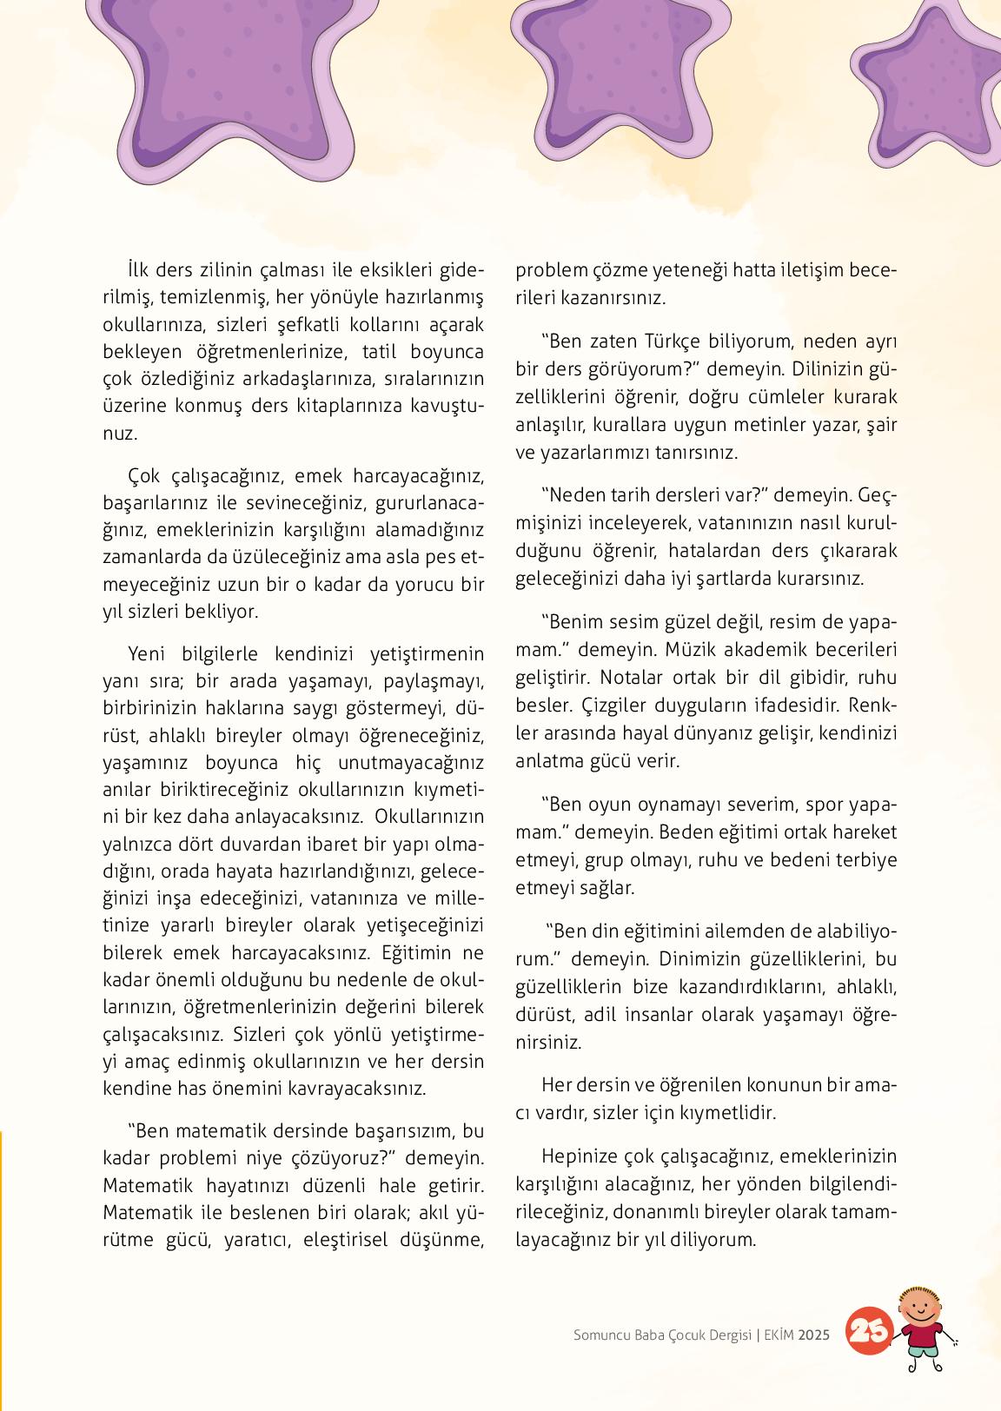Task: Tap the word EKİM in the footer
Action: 780,1335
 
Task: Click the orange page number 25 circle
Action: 868,1330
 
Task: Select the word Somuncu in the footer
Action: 603,1335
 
